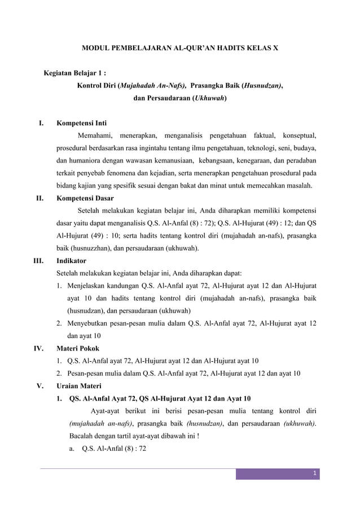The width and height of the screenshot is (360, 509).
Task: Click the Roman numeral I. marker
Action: (42, 122)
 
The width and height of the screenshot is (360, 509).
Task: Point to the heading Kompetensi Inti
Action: (82, 122)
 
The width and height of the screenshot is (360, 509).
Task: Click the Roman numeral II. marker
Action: (41, 198)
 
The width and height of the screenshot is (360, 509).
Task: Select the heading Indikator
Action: (72, 261)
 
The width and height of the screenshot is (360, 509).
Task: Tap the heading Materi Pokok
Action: (78, 349)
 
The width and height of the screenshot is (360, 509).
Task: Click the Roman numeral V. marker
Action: (41, 386)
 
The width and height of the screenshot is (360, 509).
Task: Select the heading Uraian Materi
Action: (79, 386)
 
